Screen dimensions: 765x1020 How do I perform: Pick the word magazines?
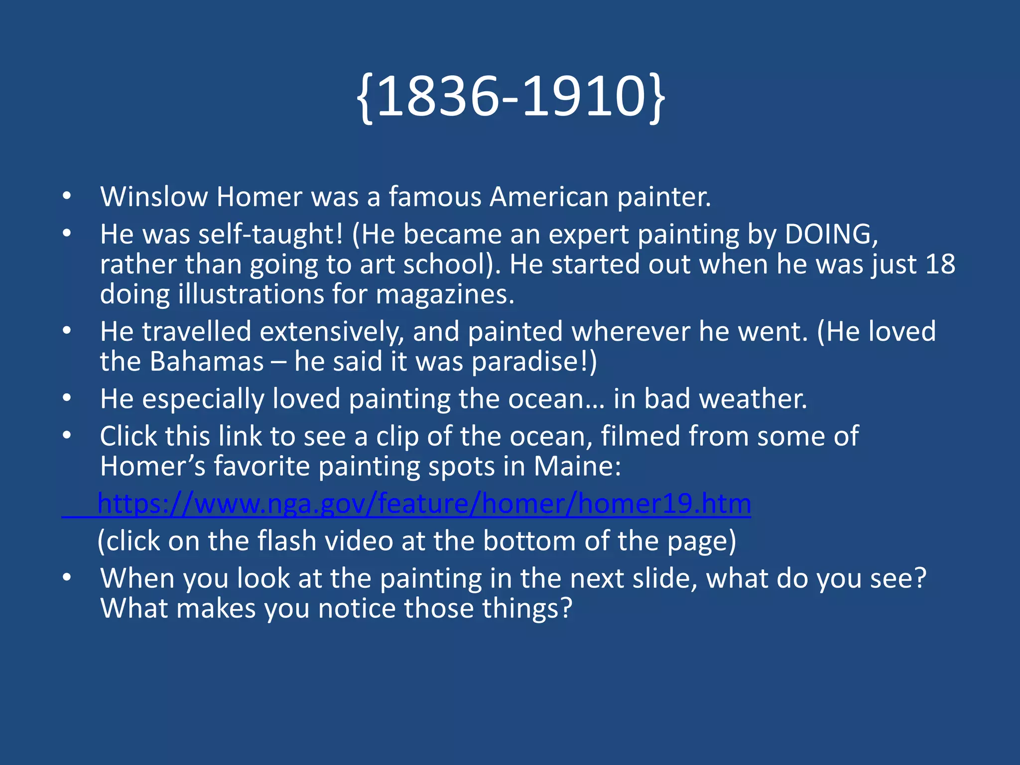[445, 294]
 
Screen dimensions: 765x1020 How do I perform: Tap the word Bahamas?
[207, 362]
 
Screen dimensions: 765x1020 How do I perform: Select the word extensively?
[332, 332]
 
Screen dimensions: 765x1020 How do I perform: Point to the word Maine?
[577, 467]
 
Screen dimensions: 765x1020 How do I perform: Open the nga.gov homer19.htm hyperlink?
[424, 504]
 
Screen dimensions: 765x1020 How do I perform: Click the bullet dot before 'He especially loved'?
[67, 398]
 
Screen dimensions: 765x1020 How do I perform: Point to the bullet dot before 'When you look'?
[67, 578]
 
